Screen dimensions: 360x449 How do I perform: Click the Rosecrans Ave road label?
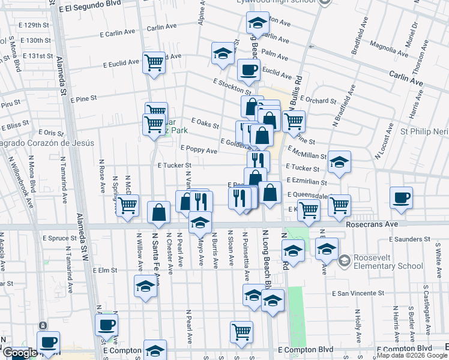[x=372, y=223]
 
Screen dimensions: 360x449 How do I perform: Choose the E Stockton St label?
[x=231, y=84]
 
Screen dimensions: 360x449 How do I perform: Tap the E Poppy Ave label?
[x=199, y=150]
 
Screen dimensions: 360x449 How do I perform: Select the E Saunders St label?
[x=410, y=239]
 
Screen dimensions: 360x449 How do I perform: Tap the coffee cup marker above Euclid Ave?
[x=248, y=70]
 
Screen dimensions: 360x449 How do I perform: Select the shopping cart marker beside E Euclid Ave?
[x=154, y=62]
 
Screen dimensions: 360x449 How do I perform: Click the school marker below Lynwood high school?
[x=258, y=23]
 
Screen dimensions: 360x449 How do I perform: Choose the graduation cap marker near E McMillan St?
[x=339, y=162]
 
